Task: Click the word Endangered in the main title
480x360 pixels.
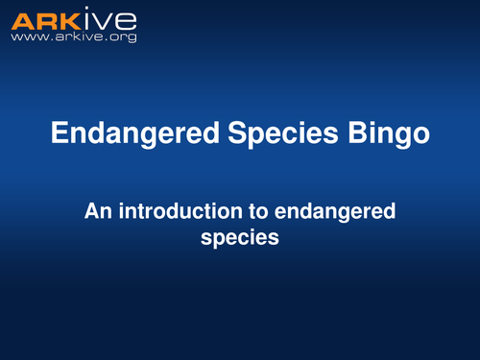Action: point(124,134)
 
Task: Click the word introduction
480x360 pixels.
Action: point(184,211)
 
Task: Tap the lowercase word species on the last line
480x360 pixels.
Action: point(240,236)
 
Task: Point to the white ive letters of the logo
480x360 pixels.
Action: point(109,20)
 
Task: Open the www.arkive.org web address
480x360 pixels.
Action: point(73,36)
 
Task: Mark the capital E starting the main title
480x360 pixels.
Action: point(60,134)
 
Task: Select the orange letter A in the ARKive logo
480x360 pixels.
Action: point(21,20)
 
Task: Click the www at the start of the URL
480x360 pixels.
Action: point(26,37)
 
